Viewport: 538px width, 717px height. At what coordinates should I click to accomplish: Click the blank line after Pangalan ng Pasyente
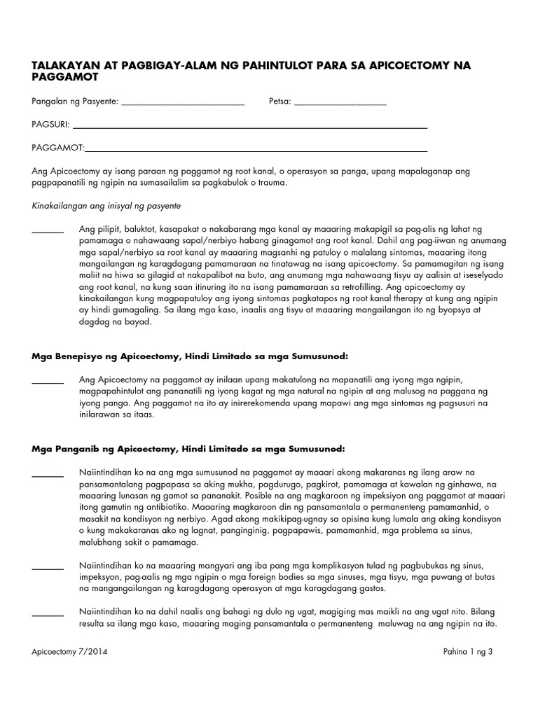(x=183, y=104)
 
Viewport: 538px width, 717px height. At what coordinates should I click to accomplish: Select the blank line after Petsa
(x=340, y=104)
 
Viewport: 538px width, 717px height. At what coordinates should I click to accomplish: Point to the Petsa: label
(x=280, y=102)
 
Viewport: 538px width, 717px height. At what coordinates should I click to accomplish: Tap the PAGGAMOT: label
(x=57, y=148)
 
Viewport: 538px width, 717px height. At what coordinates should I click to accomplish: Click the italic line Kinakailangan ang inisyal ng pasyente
(x=106, y=206)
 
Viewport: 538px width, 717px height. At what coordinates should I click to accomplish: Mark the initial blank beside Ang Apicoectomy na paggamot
(x=48, y=381)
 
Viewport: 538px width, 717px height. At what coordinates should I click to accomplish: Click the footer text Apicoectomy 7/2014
(x=69, y=652)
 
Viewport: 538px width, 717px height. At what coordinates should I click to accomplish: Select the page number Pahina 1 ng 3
(x=469, y=652)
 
